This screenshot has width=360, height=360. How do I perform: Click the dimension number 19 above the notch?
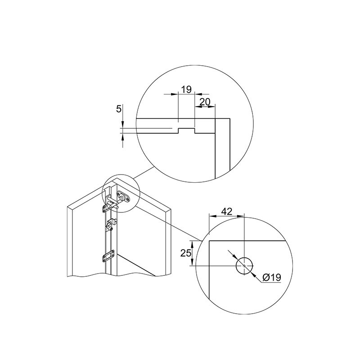(x=186, y=89)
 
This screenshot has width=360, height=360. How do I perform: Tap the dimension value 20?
(x=205, y=102)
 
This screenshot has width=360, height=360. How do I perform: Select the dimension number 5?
(x=118, y=109)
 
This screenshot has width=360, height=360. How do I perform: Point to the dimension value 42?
(x=227, y=211)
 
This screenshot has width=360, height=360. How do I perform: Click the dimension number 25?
(x=186, y=253)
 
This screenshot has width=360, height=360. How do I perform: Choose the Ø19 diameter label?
(x=272, y=277)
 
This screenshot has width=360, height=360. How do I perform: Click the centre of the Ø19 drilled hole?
(x=244, y=265)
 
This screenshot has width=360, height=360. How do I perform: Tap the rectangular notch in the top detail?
(x=186, y=131)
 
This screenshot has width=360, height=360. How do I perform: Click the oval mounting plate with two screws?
(x=123, y=197)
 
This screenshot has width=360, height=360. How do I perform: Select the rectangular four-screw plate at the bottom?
(x=108, y=256)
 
